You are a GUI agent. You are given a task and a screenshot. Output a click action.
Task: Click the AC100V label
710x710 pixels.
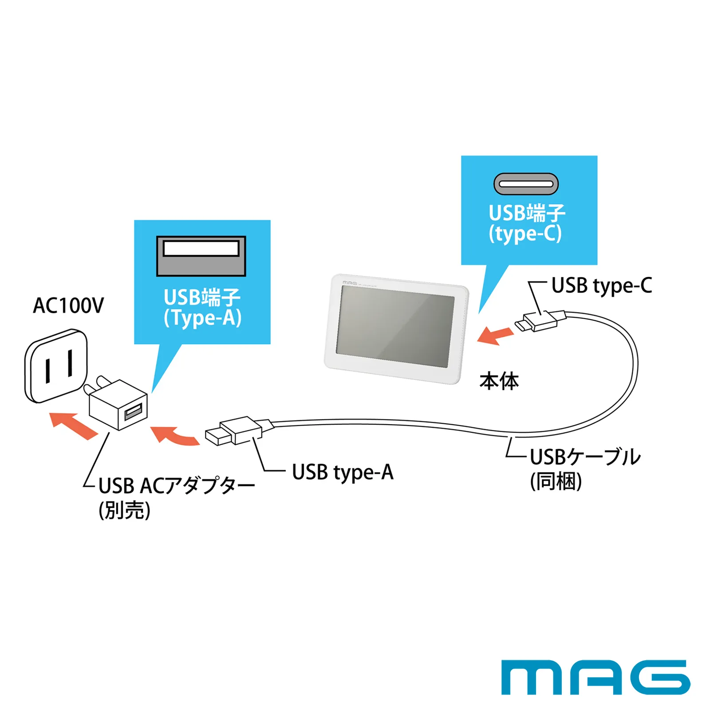68,305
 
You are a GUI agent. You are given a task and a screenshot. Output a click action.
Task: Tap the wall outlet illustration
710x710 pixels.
56,366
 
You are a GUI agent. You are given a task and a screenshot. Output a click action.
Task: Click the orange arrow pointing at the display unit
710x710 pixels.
495,335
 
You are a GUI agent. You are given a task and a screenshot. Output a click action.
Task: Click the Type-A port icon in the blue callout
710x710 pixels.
201,256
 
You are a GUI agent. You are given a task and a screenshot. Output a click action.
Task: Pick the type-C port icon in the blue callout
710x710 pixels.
526,184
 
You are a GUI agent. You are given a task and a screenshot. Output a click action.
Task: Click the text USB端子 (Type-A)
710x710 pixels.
202,307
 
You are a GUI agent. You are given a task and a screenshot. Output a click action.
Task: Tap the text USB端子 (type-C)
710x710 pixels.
527,224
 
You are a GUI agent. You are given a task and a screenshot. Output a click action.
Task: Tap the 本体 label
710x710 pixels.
499,382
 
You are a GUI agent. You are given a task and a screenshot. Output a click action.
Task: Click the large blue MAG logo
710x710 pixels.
596,677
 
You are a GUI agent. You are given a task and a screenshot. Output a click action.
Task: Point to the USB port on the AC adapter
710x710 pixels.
133,411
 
